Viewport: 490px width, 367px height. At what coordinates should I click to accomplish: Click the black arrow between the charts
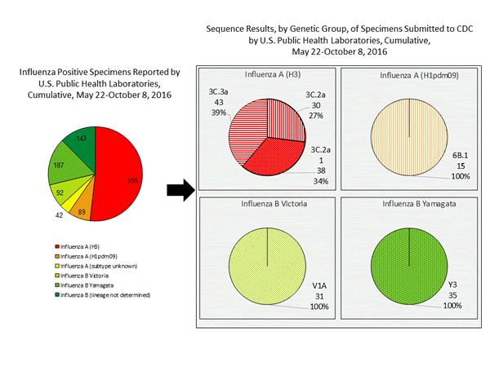pyautogui.click(x=176, y=191)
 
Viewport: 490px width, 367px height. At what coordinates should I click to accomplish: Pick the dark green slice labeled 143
pyautogui.click(x=82, y=139)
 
